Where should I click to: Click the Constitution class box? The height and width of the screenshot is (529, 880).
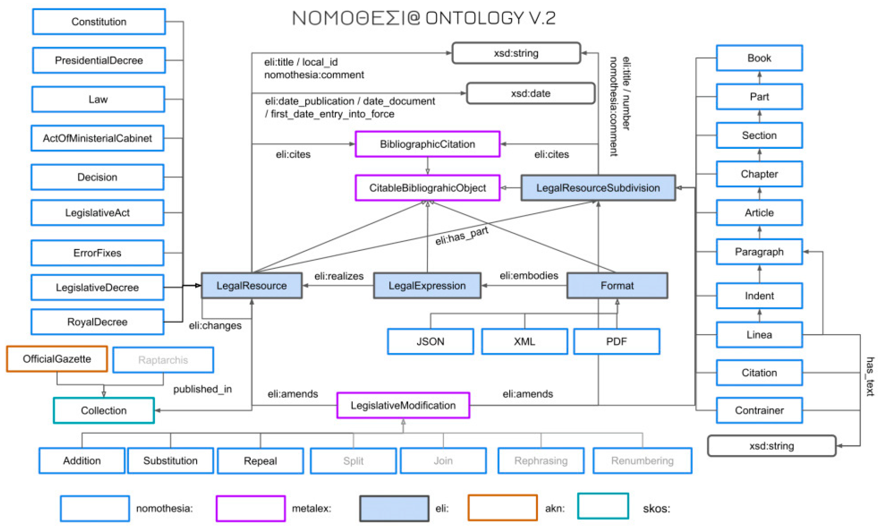99,22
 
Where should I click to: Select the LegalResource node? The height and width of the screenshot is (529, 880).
252,285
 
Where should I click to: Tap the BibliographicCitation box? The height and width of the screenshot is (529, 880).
427,144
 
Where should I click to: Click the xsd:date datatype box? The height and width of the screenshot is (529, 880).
530,93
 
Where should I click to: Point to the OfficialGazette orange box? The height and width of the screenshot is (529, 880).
57,359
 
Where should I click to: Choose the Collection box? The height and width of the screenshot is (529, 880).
104,410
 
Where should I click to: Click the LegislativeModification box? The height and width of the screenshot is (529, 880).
403,405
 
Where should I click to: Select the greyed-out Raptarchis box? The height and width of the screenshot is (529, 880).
163,360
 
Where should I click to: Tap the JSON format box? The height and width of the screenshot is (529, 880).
430,342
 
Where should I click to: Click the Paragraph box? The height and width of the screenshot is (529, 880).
759,252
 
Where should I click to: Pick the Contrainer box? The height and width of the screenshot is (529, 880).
759,410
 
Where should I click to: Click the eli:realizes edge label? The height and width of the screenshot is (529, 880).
339,276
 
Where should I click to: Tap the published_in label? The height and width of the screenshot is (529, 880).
202,389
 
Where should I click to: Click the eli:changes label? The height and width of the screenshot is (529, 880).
215,325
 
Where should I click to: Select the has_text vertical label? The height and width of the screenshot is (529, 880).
870,376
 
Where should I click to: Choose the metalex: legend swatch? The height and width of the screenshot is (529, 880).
250,508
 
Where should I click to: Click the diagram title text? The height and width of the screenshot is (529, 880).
423,18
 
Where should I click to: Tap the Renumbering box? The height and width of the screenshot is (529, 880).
642,461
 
